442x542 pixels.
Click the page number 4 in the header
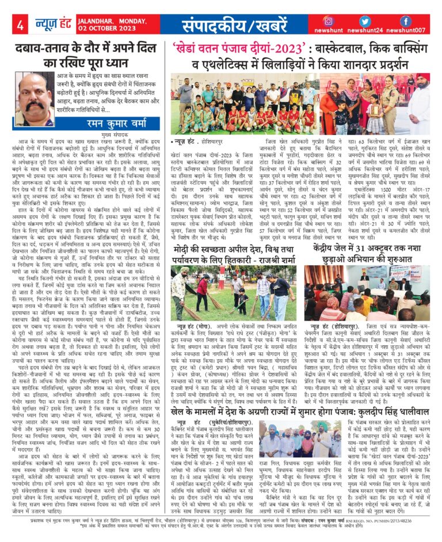pos(20,25)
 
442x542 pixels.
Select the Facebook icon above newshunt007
pos(405,21)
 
